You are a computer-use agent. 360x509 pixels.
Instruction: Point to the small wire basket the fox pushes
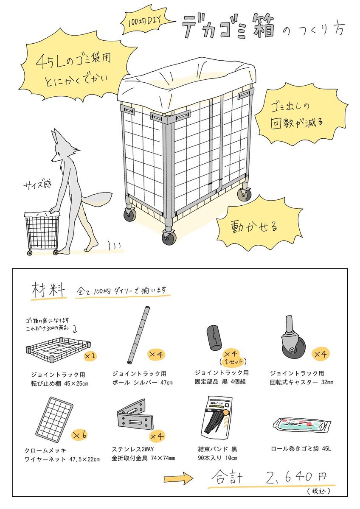[x=42, y=232]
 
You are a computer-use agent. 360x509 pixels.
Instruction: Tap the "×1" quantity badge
[x=90, y=356]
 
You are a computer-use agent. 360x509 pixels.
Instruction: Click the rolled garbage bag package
[x=302, y=425]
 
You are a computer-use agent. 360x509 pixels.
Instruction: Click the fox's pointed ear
[x=56, y=137]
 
